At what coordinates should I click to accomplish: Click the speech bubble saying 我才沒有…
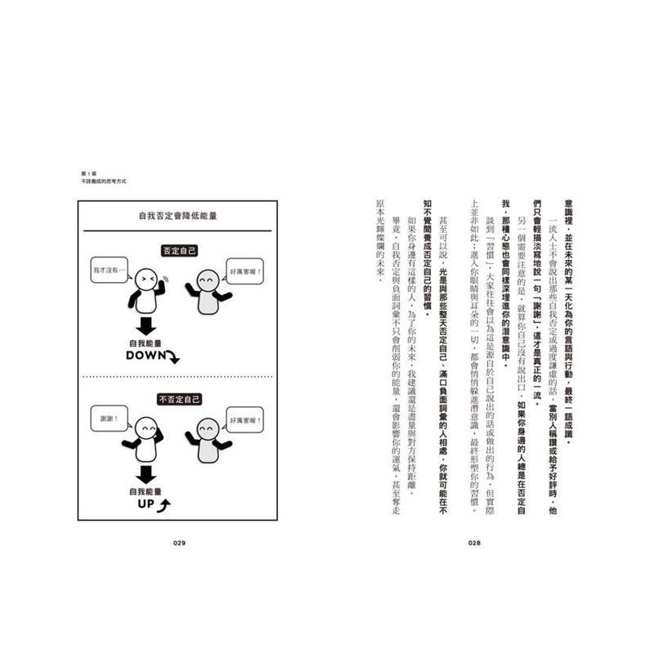pyautogui.click(x=107, y=269)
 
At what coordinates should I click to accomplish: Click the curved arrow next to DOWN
pyautogui.click(x=173, y=357)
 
